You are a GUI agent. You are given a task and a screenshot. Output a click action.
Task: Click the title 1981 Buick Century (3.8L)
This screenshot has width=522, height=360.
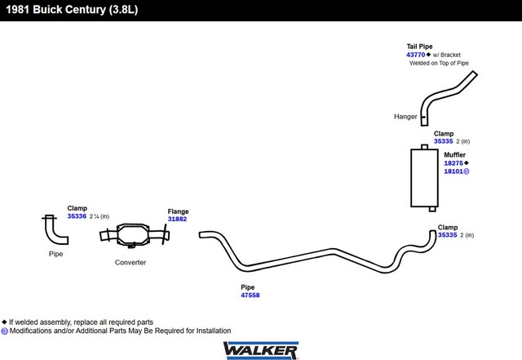click(x=72, y=9)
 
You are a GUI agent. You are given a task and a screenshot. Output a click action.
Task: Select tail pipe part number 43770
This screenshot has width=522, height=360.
click(x=415, y=55)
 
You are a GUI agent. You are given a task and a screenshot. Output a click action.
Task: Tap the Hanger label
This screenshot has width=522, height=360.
click(x=405, y=117)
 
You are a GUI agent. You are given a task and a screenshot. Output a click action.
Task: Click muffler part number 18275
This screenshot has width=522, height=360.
click(x=453, y=163)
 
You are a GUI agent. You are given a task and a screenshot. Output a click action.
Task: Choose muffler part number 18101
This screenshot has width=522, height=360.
click(x=453, y=171)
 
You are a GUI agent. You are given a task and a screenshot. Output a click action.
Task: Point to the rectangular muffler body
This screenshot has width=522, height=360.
click(x=424, y=178)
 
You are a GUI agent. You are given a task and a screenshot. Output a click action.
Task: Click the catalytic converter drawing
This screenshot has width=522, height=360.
click(x=134, y=235)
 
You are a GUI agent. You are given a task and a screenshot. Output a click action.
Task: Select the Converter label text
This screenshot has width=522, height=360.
click(x=130, y=262)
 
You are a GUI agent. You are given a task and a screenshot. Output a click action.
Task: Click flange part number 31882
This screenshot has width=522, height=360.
click(x=177, y=219)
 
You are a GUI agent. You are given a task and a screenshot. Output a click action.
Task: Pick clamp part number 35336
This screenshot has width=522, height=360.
click(x=77, y=216)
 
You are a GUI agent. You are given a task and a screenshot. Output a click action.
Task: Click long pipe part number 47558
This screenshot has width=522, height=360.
click(x=250, y=295)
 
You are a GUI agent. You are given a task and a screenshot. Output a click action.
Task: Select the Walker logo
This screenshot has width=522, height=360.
click(x=261, y=350)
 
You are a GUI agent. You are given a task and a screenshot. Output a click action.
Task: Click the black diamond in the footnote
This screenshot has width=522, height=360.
click(x=4, y=322)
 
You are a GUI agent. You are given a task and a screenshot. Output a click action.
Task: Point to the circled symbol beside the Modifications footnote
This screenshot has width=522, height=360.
click(x=4, y=331)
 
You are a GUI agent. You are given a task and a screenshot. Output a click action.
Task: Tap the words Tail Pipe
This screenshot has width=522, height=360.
click(x=419, y=47)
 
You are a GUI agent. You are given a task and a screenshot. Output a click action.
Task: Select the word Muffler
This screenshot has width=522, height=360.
click(x=455, y=154)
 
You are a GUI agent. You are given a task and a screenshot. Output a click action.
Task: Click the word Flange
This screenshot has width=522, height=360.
click(x=178, y=211)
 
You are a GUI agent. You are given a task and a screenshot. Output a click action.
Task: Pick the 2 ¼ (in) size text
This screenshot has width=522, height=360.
click(x=100, y=216)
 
